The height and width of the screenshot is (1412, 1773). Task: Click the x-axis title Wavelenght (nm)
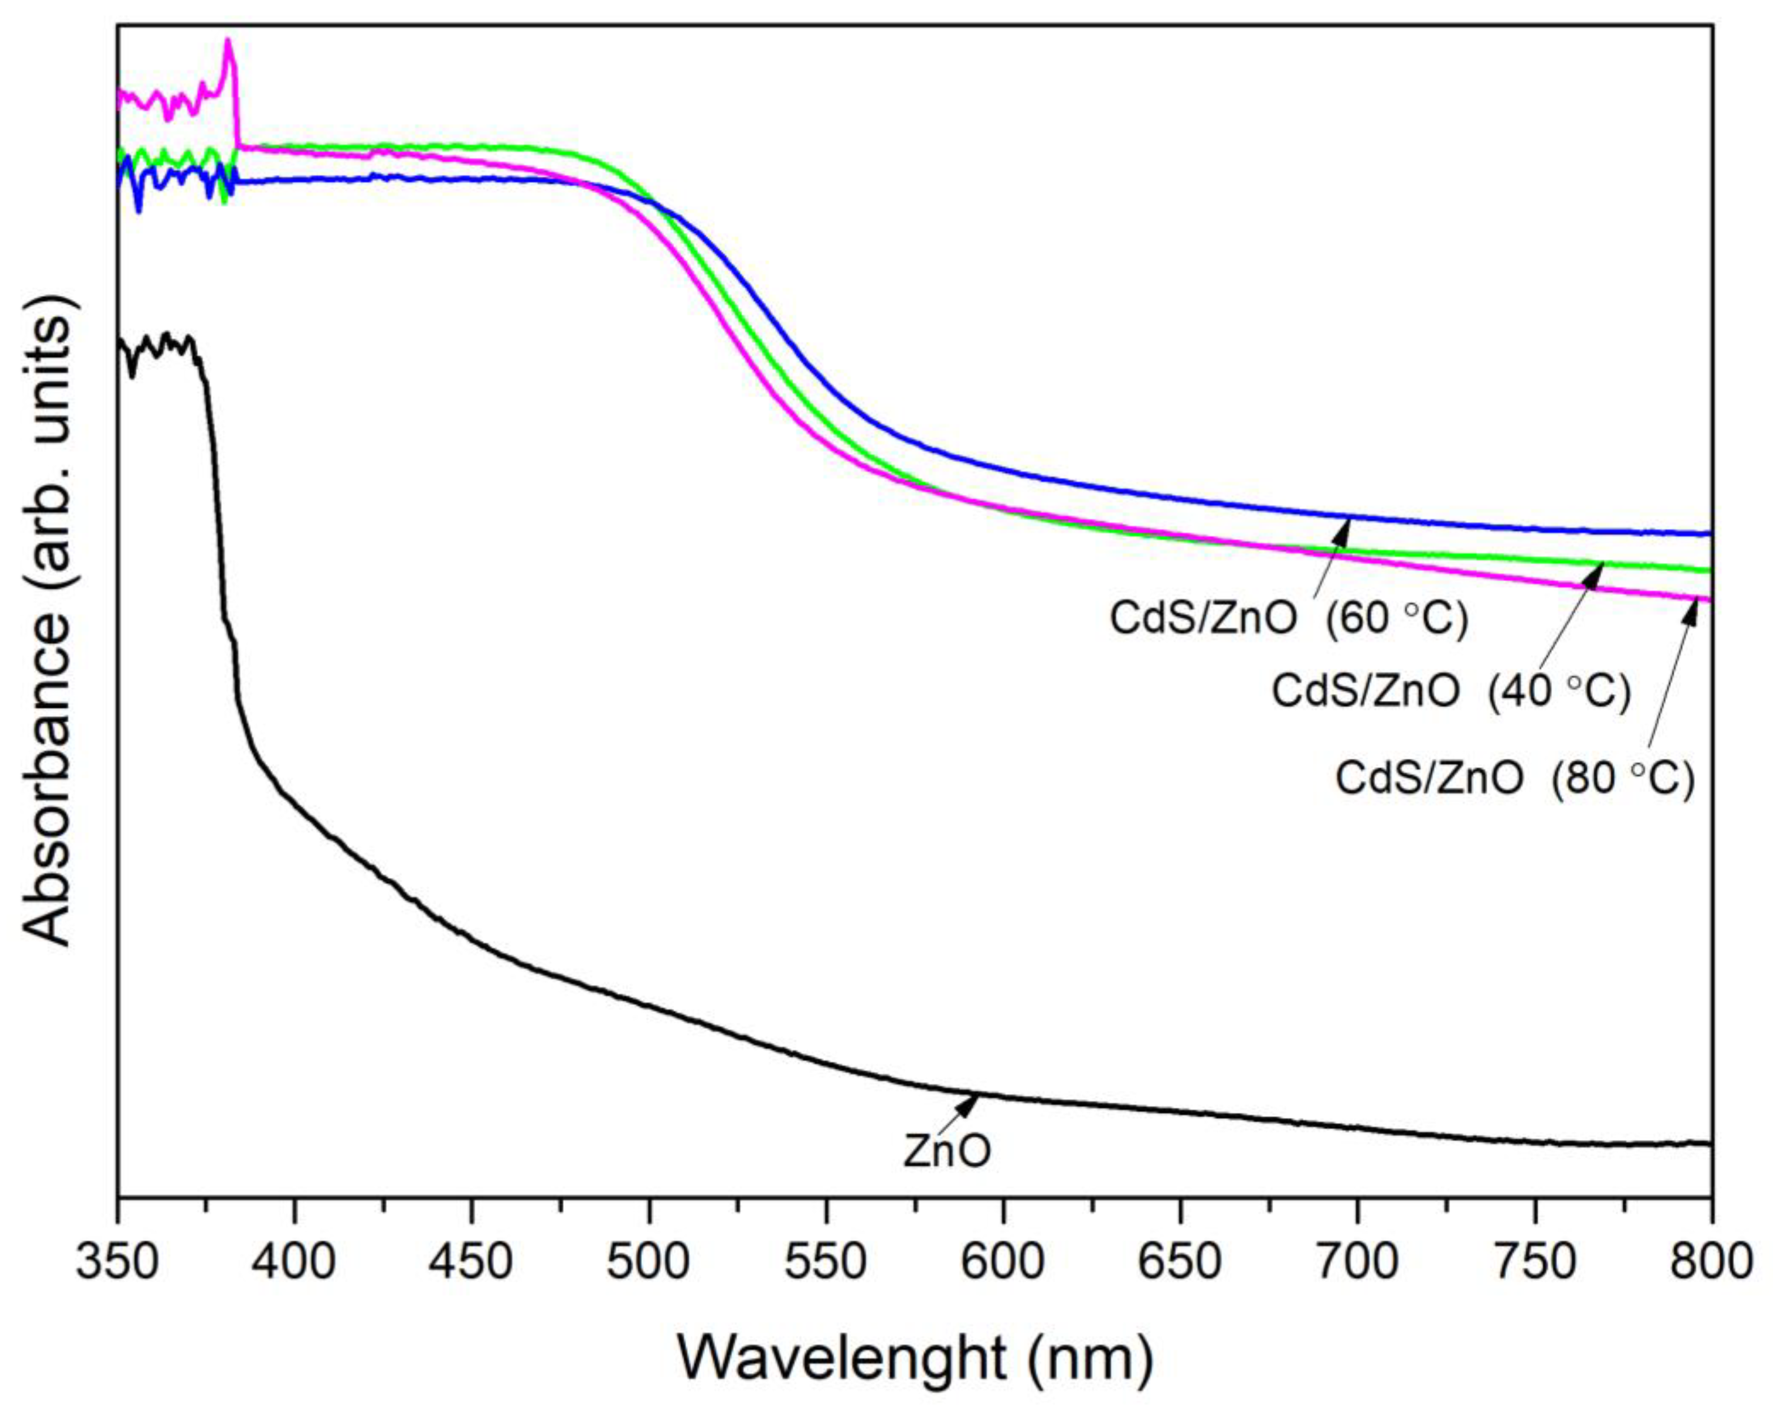click(915, 1359)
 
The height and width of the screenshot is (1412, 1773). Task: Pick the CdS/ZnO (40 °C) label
click(1451, 692)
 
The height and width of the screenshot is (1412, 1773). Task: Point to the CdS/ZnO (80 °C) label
click(1515, 778)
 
